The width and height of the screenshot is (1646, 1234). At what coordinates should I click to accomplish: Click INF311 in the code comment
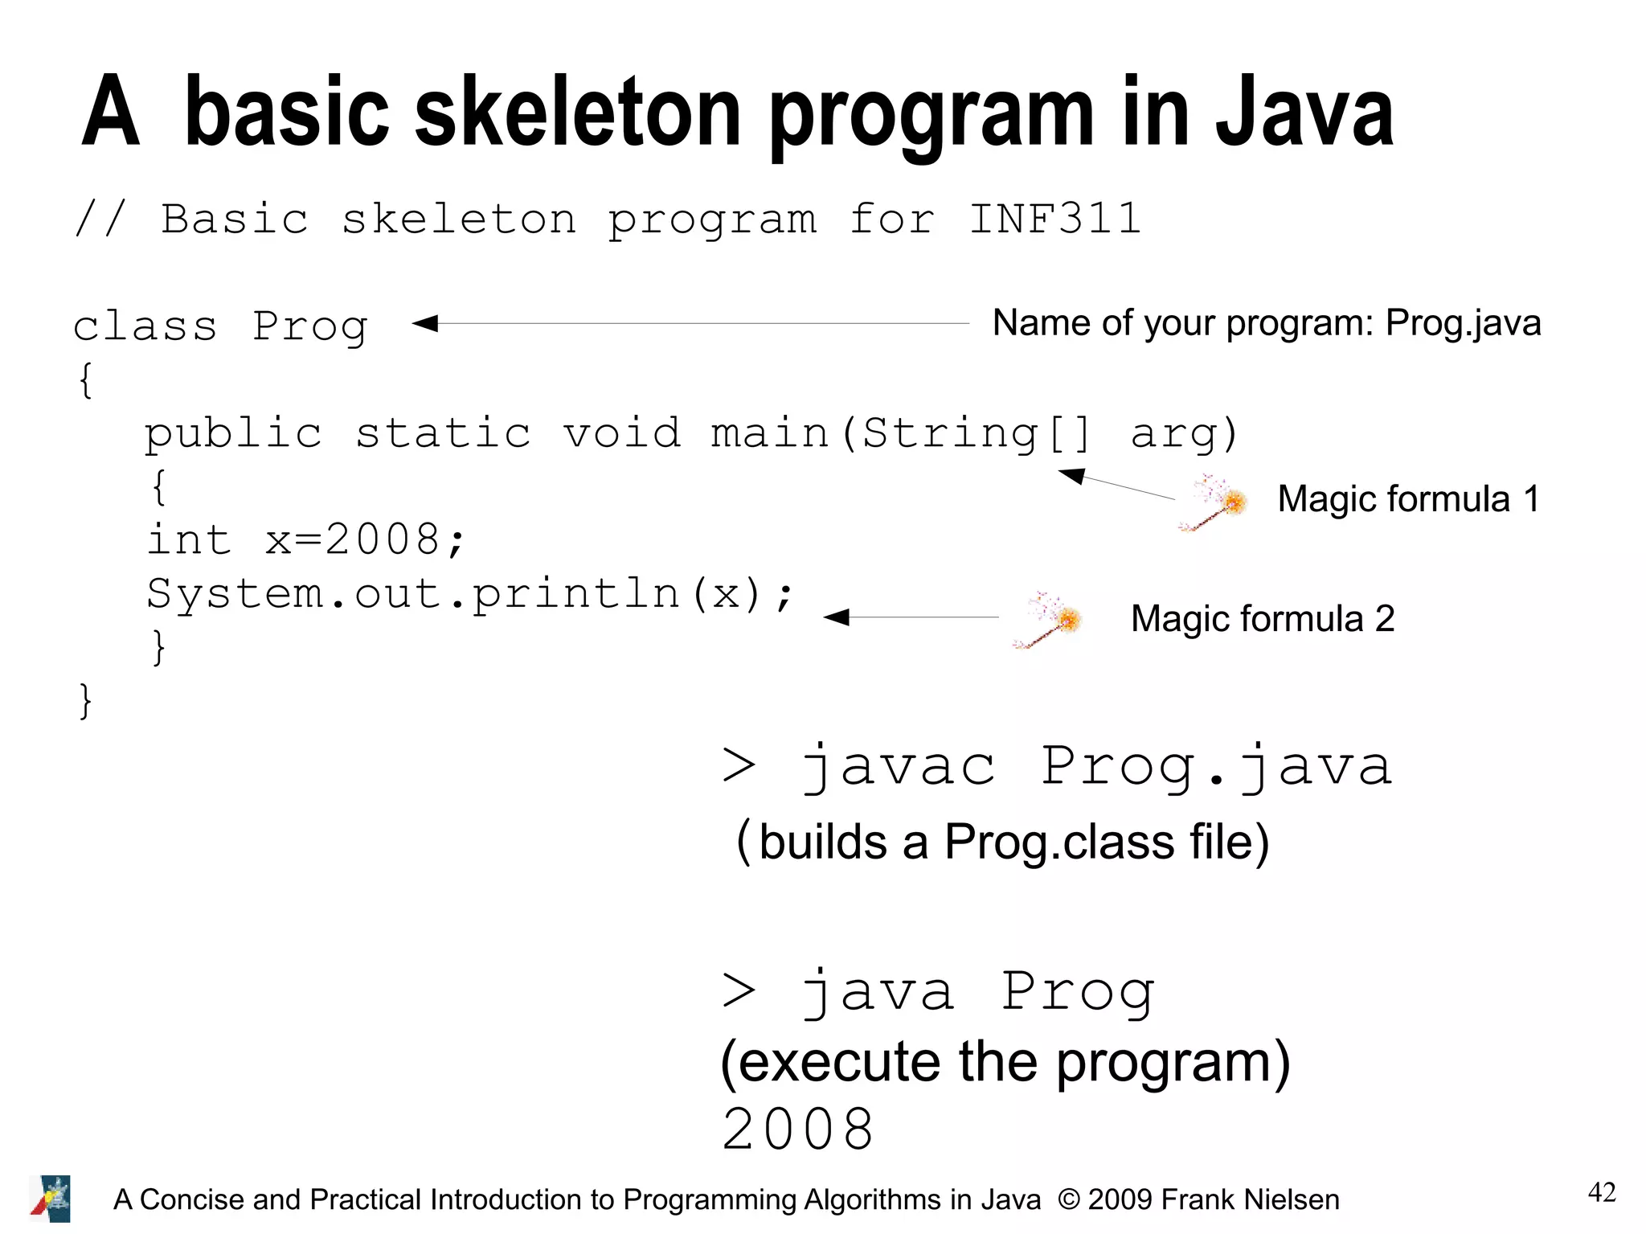1054,219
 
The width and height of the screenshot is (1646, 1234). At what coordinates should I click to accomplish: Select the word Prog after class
310,327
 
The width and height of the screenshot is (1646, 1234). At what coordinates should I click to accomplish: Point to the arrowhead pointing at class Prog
425,323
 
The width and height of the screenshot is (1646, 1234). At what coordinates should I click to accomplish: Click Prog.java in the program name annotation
1463,323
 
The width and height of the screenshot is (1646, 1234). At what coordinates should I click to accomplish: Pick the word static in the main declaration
443,433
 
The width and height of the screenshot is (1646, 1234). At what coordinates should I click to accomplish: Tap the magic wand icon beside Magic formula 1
1214,503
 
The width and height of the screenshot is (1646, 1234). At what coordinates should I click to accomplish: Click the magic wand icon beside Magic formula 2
1048,620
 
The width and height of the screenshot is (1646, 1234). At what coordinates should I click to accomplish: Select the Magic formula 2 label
1262,619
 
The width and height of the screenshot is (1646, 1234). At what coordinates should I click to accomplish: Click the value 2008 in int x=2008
383,539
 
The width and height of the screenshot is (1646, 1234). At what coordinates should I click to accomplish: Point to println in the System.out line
576,594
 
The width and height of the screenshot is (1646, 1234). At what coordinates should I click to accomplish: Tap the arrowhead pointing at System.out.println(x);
837,617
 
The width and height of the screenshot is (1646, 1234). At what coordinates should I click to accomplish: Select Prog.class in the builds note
1059,842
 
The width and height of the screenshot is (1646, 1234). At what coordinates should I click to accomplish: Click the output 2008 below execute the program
797,1129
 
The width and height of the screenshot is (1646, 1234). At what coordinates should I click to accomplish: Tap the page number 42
1601,1192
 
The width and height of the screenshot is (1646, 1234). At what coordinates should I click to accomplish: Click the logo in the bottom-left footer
51,1199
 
